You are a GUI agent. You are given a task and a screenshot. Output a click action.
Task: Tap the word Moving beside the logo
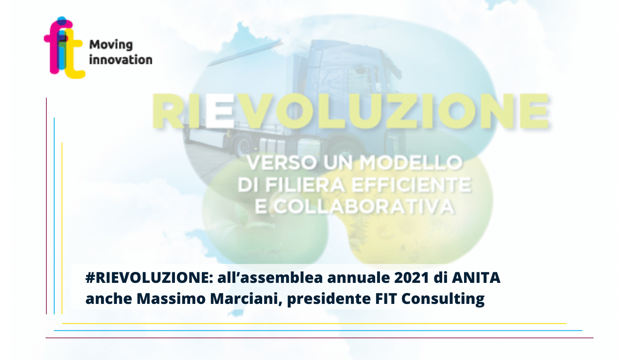pos(111,45)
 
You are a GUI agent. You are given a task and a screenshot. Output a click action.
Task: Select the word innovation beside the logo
pos(121,60)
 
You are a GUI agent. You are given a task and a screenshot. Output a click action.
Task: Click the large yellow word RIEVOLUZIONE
pos(350,111)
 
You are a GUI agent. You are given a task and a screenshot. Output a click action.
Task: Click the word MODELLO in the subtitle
pos(411,163)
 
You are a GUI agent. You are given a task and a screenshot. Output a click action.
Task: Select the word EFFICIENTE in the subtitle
pos(411,185)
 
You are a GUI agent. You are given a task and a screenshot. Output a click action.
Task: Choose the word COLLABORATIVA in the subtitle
pos(364,206)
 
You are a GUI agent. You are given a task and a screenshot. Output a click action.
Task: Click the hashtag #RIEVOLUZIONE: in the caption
pos(149,277)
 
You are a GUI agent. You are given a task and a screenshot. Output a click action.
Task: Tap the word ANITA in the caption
pos(476,277)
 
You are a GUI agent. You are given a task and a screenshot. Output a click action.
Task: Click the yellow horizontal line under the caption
pos(314,323)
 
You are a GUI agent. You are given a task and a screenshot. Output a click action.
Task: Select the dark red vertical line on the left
pos(46,206)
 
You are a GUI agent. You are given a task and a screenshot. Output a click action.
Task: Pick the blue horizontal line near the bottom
pos(318,331)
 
